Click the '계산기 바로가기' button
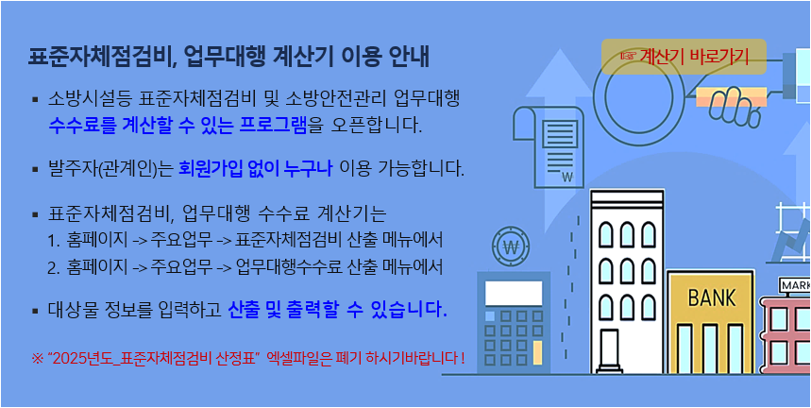pos(684,58)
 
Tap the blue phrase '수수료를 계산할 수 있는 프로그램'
pos(184,125)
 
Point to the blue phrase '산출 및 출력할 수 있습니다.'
pos(337,310)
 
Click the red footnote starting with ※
pos(248,358)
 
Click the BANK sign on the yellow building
pos(711,298)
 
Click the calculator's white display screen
pos(514,291)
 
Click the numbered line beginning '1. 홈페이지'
pos(245,238)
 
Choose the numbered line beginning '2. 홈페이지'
pos(245,266)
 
